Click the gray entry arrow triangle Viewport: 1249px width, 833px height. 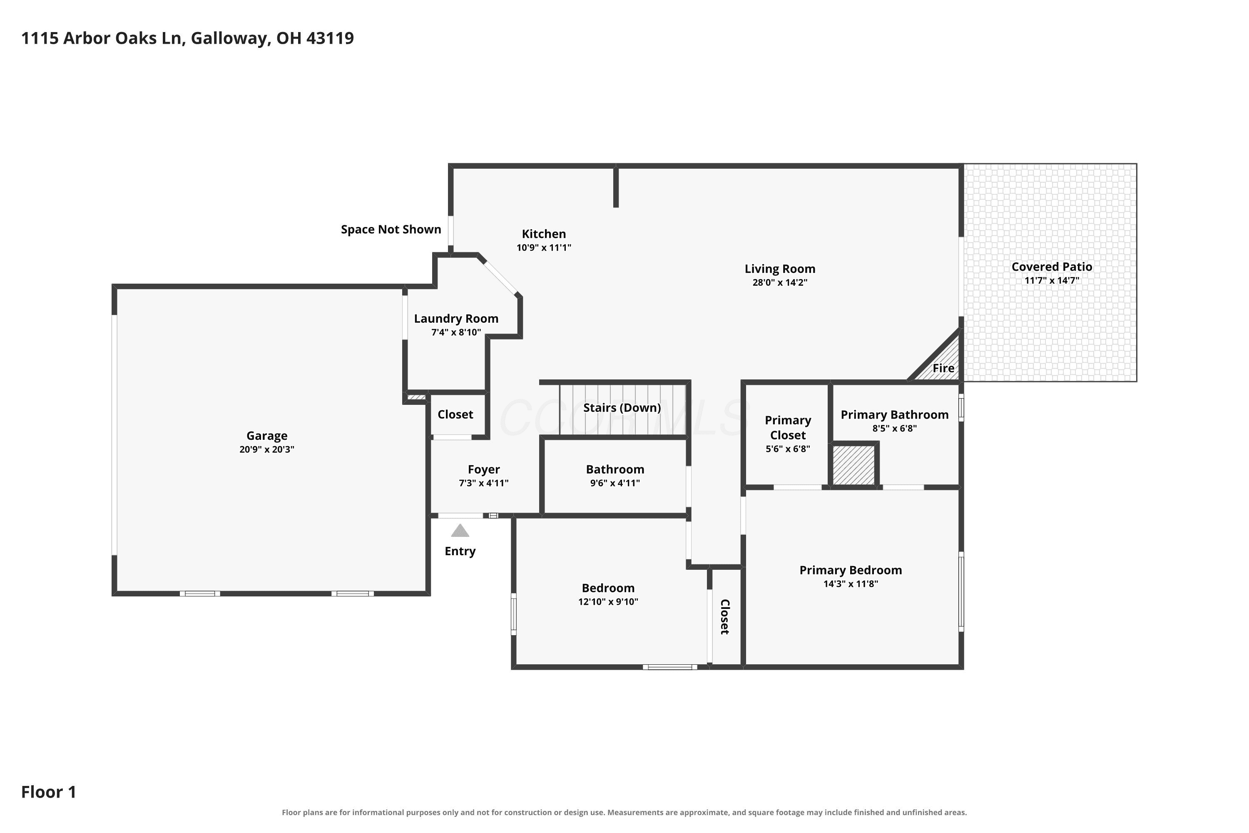tap(460, 531)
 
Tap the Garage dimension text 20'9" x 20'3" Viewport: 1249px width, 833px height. tap(266, 449)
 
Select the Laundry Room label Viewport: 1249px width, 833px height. tap(456, 319)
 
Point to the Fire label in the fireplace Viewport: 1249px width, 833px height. tap(943, 368)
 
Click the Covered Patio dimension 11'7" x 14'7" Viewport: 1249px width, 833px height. tap(1052, 280)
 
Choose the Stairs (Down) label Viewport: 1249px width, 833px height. tap(622, 408)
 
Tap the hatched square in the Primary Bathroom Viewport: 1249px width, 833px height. tap(853, 465)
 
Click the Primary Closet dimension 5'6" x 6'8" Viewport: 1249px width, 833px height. tap(788, 449)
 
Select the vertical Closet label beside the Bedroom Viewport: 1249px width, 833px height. tap(725, 617)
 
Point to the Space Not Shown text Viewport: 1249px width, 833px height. tap(391, 229)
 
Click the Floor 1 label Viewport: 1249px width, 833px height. tap(49, 792)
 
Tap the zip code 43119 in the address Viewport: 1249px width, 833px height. tap(330, 38)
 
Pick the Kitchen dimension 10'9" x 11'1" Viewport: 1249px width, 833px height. tap(544, 247)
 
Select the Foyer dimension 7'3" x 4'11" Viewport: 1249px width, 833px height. tap(483, 484)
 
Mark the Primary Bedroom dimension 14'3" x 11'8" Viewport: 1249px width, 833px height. tap(851, 584)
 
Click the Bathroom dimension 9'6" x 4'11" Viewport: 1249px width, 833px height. tap(615, 484)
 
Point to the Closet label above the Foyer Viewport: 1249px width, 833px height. tap(455, 414)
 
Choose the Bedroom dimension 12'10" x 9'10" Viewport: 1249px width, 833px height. tap(608, 602)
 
